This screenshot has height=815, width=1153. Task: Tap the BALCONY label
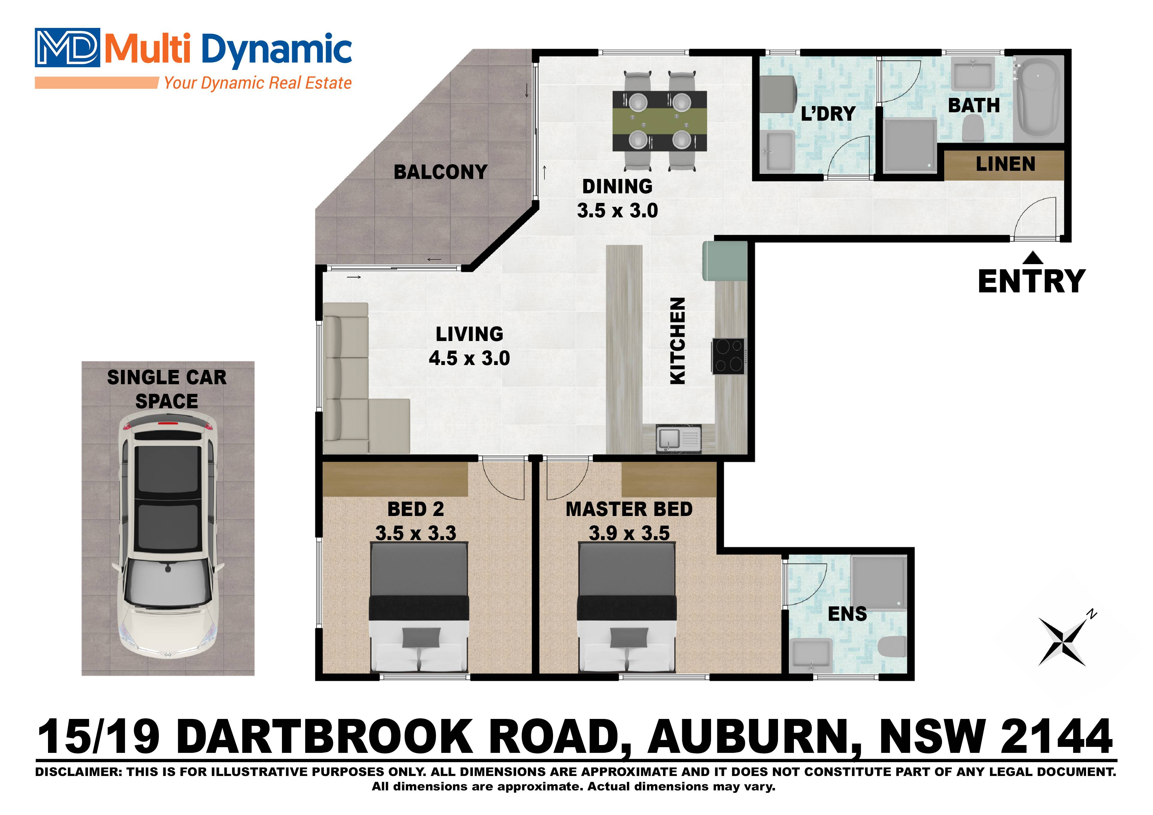(x=440, y=172)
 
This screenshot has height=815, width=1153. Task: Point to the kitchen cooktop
(x=728, y=356)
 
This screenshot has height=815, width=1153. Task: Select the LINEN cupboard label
(x=1005, y=164)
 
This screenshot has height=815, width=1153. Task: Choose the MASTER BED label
(x=629, y=509)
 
